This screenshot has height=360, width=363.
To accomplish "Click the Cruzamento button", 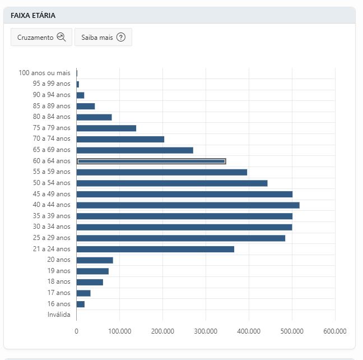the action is tap(41, 37).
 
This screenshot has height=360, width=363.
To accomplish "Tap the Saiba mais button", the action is tap(103, 37).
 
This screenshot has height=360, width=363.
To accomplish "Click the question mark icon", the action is tap(121, 37).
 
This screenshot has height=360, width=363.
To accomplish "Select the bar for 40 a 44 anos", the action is tap(188, 205).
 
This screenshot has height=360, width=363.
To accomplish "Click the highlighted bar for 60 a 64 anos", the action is tap(151, 161).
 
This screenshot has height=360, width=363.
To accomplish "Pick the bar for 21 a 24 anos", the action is tap(155, 249).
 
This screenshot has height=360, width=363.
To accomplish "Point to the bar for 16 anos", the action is tap(81, 304).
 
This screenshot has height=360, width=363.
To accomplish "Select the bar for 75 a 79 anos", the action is tap(106, 128).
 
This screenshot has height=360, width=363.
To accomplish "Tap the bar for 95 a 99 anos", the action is tap(78, 84).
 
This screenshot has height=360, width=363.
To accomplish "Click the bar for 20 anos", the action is tap(95, 260).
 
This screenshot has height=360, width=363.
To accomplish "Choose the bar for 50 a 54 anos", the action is tap(172, 183).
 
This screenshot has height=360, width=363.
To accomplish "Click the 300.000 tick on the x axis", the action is tap(206, 331).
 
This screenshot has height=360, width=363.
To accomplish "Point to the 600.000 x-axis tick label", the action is tap(335, 331).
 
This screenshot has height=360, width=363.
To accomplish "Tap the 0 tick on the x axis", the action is tap(76, 331).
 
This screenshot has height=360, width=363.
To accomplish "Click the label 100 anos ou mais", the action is tap(44, 73).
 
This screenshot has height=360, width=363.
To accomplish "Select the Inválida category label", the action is tap(59, 315).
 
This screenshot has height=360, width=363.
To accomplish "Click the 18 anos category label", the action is tap(59, 281).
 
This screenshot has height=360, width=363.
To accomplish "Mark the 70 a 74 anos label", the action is tap(52, 139).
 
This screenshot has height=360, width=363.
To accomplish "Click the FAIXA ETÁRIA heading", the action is tap(33, 16).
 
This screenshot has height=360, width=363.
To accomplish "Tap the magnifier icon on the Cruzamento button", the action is tap(62, 37).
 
